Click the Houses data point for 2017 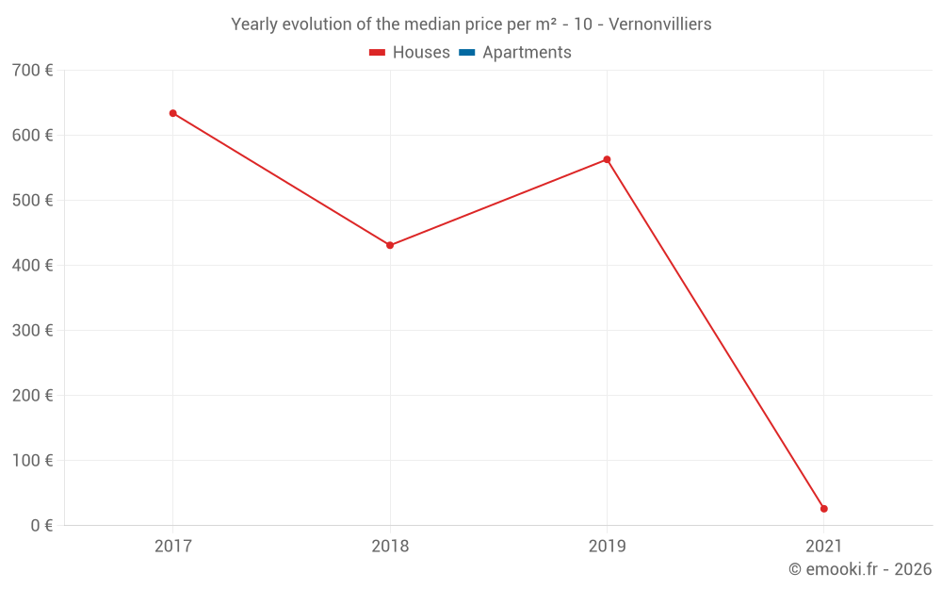[x=172, y=113]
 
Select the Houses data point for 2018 [x=390, y=245]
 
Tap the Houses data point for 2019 [x=607, y=159]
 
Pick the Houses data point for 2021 [x=824, y=509]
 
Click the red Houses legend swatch [x=377, y=53]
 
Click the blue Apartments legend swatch [x=466, y=53]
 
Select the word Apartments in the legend [x=527, y=53]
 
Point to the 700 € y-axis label [x=33, y=71]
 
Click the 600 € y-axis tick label [x=33, y=136]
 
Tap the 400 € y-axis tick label [x=33, y=266]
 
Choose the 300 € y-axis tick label [x=33, y=331]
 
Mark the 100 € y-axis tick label [x=33, y=461]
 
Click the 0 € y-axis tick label [x=41, y=526]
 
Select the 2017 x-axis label [x=172, y=546]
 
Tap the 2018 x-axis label [x=390, y=546]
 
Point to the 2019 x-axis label [x=607, y=546]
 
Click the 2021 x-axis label [x=824, y=546]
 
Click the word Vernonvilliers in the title [x=660, y=25]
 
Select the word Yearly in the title [x=254, y=25]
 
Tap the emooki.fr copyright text [x=860, y=569]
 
